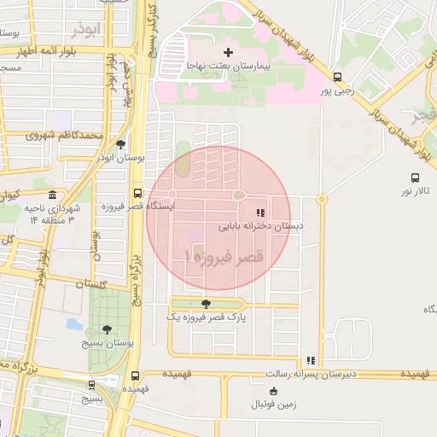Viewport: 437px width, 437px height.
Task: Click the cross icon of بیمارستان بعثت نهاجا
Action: pos(227,53)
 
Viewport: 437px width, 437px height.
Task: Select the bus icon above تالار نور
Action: pos(415,178)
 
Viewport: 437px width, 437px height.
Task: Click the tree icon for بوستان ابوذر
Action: pos(120,144)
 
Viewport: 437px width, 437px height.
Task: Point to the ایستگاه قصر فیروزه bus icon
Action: pos(137,193)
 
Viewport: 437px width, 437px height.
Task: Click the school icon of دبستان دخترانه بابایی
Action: pos(260,213)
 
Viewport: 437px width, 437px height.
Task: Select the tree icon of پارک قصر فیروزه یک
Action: pos(205,303)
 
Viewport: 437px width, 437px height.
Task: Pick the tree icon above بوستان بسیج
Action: pos(107,329)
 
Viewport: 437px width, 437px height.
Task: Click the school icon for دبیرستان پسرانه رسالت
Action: pos(311,360)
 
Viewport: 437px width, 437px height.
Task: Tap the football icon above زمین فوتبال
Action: pos(274,391)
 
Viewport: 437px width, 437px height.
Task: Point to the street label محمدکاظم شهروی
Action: pos(64,136)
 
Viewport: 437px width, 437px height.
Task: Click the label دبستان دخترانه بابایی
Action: pos(261,226)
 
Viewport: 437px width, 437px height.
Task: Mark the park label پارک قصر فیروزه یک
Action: pos(206,317)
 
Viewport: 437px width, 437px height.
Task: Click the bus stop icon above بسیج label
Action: pos(91,385)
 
